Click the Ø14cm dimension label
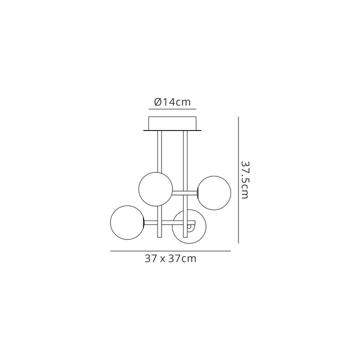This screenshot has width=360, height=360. (172, 102)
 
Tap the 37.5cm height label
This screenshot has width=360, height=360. (244, 180)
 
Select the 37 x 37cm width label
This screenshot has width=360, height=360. (170, 259)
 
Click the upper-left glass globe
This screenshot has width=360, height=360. (155, 189)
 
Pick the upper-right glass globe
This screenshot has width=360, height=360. (214, 193)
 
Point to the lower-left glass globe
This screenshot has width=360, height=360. (127, 222)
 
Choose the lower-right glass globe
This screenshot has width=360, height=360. (189, 226)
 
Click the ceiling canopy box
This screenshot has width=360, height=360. (172, 123)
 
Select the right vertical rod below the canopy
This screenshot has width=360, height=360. (185, 183)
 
